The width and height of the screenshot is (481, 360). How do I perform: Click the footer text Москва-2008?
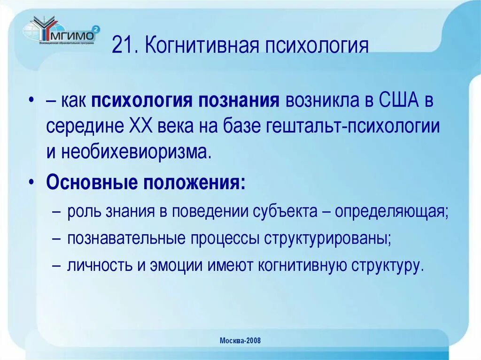[240, 341]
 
